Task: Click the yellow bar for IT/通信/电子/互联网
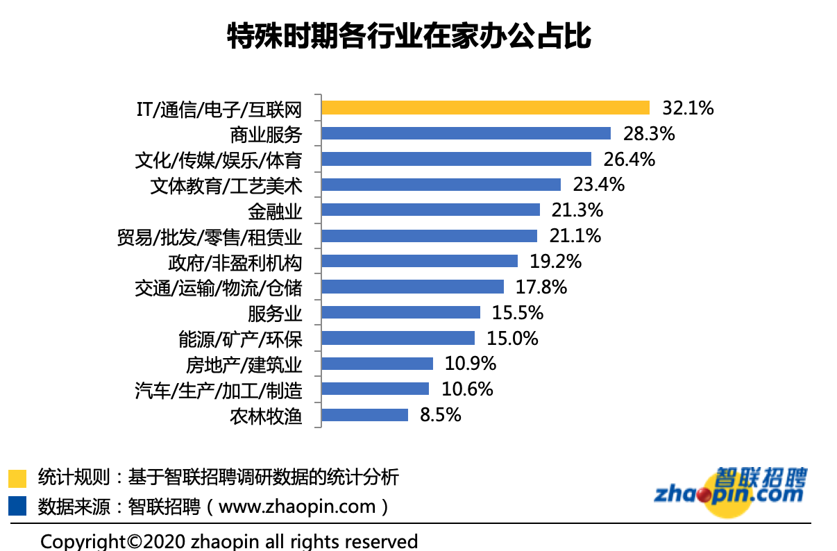[486, 108]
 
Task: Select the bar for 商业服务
[466, 133]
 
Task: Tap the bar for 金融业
[431, 210]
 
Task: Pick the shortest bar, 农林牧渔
[365, 415]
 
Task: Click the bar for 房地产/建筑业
[378, 364]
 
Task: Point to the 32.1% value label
[688, 108]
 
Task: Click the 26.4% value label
[629, 159]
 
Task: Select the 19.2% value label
[556, 262]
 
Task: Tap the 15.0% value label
[513, 339]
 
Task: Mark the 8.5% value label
[440, 415]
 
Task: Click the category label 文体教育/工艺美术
[226, 185]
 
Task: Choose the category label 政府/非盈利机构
[235, 262]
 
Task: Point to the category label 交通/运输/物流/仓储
[219, 287]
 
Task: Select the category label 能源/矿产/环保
[240, 339]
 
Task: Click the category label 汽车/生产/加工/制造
[219, 390]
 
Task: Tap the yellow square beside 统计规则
[17, 478]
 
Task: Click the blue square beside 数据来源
[17, 506]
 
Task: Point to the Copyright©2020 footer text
[229, 541]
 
